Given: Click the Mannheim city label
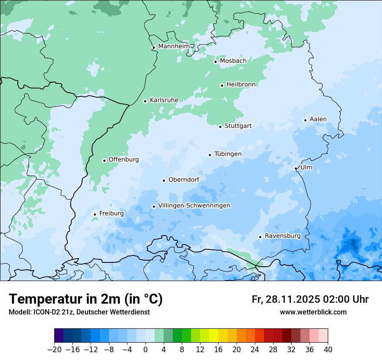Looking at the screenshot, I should pos(174,46).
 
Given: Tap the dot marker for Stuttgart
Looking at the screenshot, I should pos(220,127).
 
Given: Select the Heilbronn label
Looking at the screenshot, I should pos(240,84).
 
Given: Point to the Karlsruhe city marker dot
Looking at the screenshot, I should pos(145,101).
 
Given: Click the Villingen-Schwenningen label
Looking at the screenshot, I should pos(194,206).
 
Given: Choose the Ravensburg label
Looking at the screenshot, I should pos(282,236).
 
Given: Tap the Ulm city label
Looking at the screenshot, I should pos(306,167).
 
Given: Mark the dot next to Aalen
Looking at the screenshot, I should pos(305,120).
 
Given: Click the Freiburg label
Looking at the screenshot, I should pos(111,213).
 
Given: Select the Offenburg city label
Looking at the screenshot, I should pos(123,160).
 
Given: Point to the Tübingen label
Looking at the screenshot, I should pos(227,154).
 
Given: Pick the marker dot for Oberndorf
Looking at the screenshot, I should pos(164,180).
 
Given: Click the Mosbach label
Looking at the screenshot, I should pos(233,61).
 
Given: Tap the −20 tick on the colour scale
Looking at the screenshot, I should pos(55,350).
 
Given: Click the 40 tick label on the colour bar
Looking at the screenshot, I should pos(328,350).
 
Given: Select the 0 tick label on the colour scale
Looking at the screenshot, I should pos(145,350).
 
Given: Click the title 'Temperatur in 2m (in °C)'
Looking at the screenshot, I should pos(86,299).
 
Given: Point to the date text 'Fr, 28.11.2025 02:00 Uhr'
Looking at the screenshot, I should pos(310,299).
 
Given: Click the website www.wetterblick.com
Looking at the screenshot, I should pos(313,312).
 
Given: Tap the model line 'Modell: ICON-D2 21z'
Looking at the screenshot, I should pos(79,312).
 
